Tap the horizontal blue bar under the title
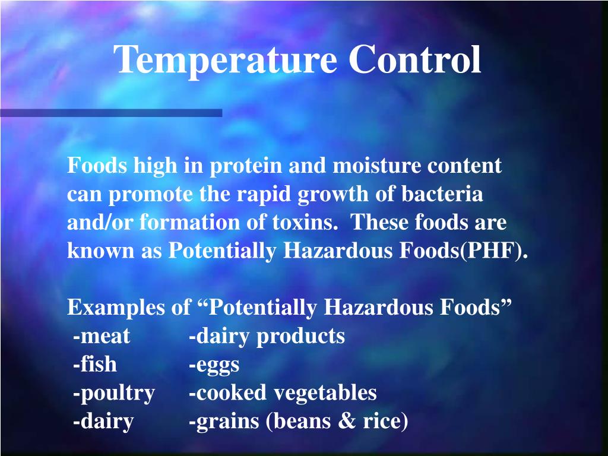(111, 113)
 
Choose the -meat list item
(102, 337)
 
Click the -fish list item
(95, 365)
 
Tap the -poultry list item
(114, 393)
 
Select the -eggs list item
(214, 365)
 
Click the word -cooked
(228, 393)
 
